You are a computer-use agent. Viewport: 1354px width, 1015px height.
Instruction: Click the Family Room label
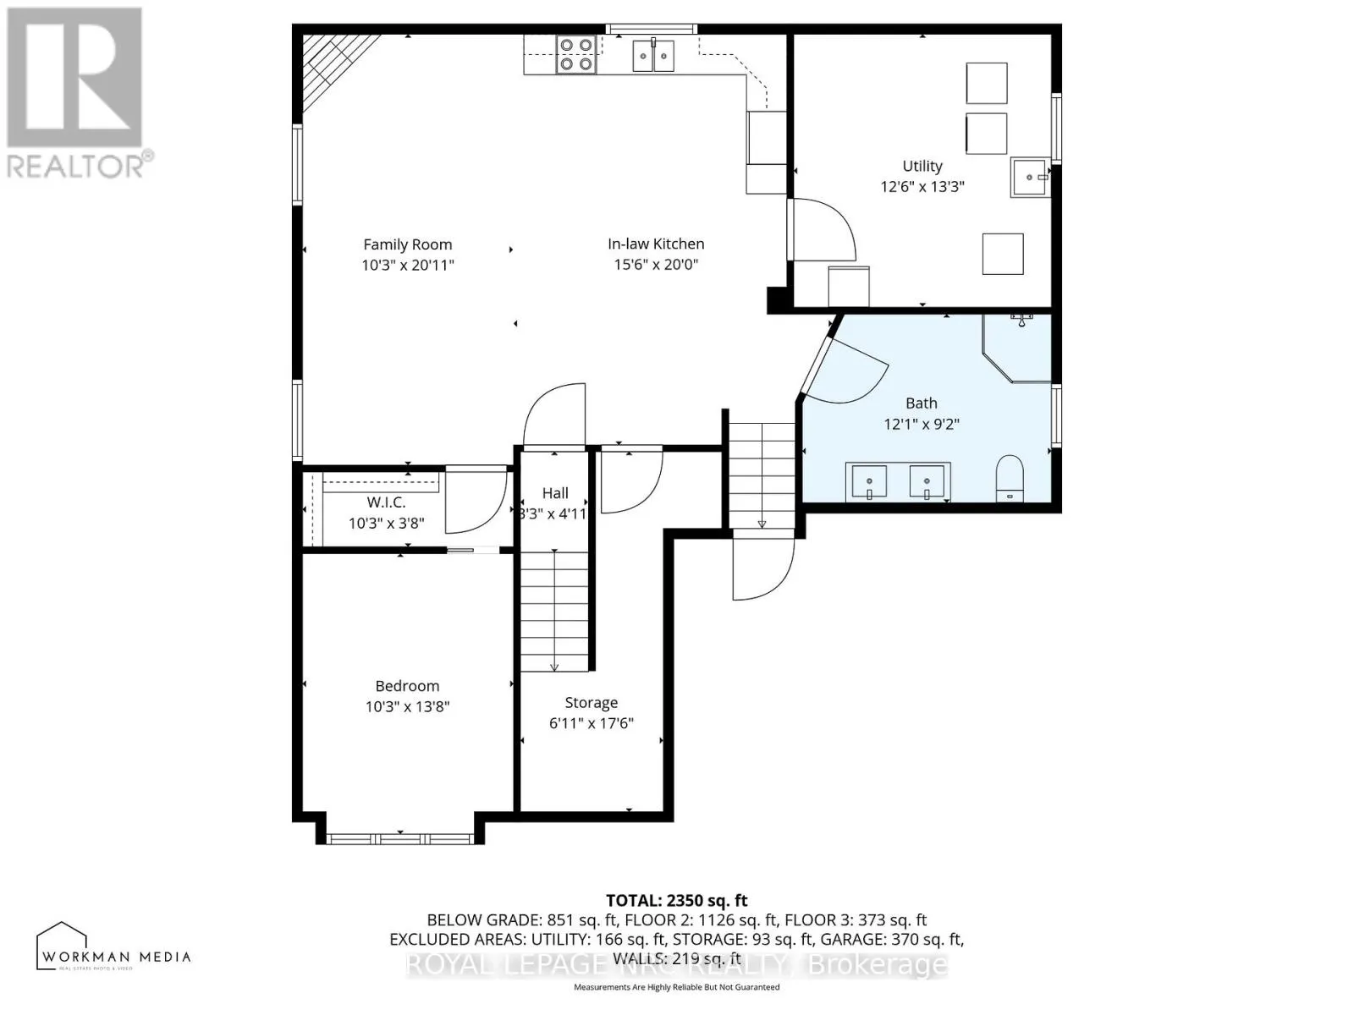tap(407, 244)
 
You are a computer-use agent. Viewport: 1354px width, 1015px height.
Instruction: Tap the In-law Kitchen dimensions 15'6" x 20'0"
tap(656, 265)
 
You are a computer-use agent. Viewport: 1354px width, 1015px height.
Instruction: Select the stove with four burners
tap(575, 53)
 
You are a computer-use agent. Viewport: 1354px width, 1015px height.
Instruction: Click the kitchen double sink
tap(653, 57)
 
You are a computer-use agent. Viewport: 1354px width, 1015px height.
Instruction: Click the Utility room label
tap(922, 167)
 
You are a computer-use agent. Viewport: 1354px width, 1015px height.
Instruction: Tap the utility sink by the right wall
tap(1029, 178)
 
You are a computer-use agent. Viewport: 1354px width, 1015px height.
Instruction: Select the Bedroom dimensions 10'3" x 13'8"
tap(407, 707)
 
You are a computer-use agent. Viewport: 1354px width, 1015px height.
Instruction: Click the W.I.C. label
tap(386, 502)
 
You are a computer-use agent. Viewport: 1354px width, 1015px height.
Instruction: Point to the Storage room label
tap(591, 703)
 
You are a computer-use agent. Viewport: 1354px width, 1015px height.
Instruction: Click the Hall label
tap(555, 493)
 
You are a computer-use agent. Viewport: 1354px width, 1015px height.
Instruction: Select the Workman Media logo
tap(113, 947)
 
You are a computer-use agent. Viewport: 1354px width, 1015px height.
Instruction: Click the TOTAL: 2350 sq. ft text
tap(676, 901)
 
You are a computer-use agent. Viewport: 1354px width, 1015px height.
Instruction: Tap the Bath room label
tap(921, 403)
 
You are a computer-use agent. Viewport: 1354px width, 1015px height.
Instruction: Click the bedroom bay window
tap(400, 839)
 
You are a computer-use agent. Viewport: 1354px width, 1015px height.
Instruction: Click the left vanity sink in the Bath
tap(868, 481)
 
